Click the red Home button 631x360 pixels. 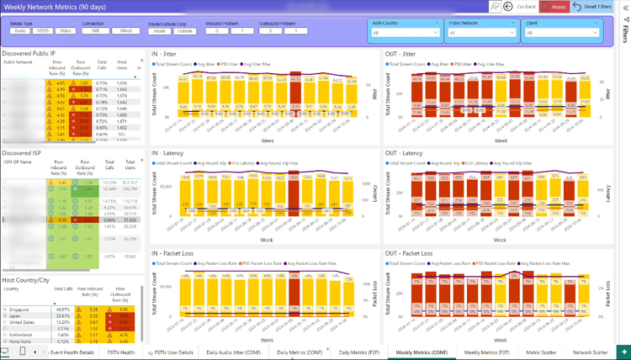pyautogui.click(x=559, y=6)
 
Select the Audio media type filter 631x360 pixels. pyautogui.click(x=19, y=30)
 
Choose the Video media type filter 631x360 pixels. pyautogui.click(x=66, y=30)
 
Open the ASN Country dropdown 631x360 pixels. pyautogui.click(x=406, y=33)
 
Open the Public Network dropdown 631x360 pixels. pyautogui.click(x=482, y=33)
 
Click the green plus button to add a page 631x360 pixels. pyautogui.click(x=623, y=352)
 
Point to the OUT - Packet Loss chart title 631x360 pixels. pyautogui.click(x=410, y=252)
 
